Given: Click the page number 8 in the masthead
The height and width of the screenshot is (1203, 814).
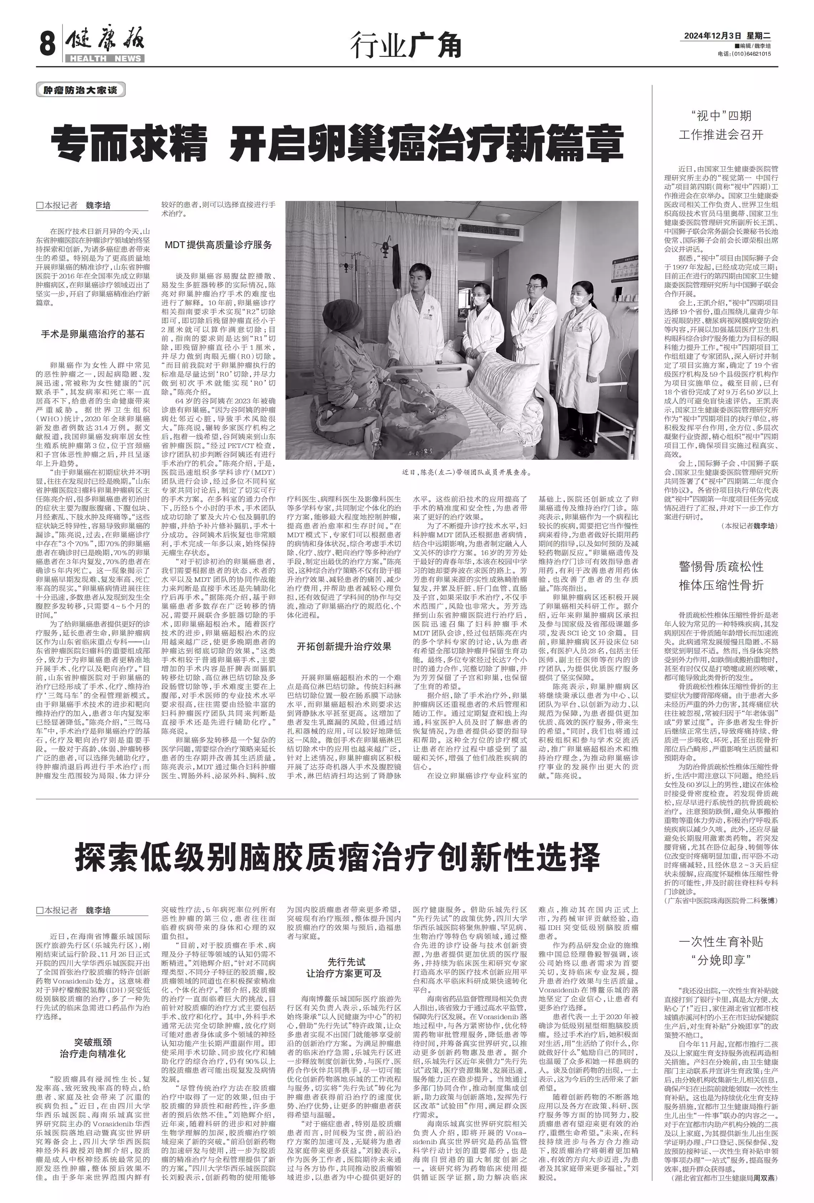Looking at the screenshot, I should pyautogui.click(x=47, y=45).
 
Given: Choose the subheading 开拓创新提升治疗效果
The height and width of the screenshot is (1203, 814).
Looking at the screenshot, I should pyautogui.click(x=344, y=646).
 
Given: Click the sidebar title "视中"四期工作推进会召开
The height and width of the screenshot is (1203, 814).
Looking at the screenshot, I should pyautogui.click(x=721, y=125).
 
